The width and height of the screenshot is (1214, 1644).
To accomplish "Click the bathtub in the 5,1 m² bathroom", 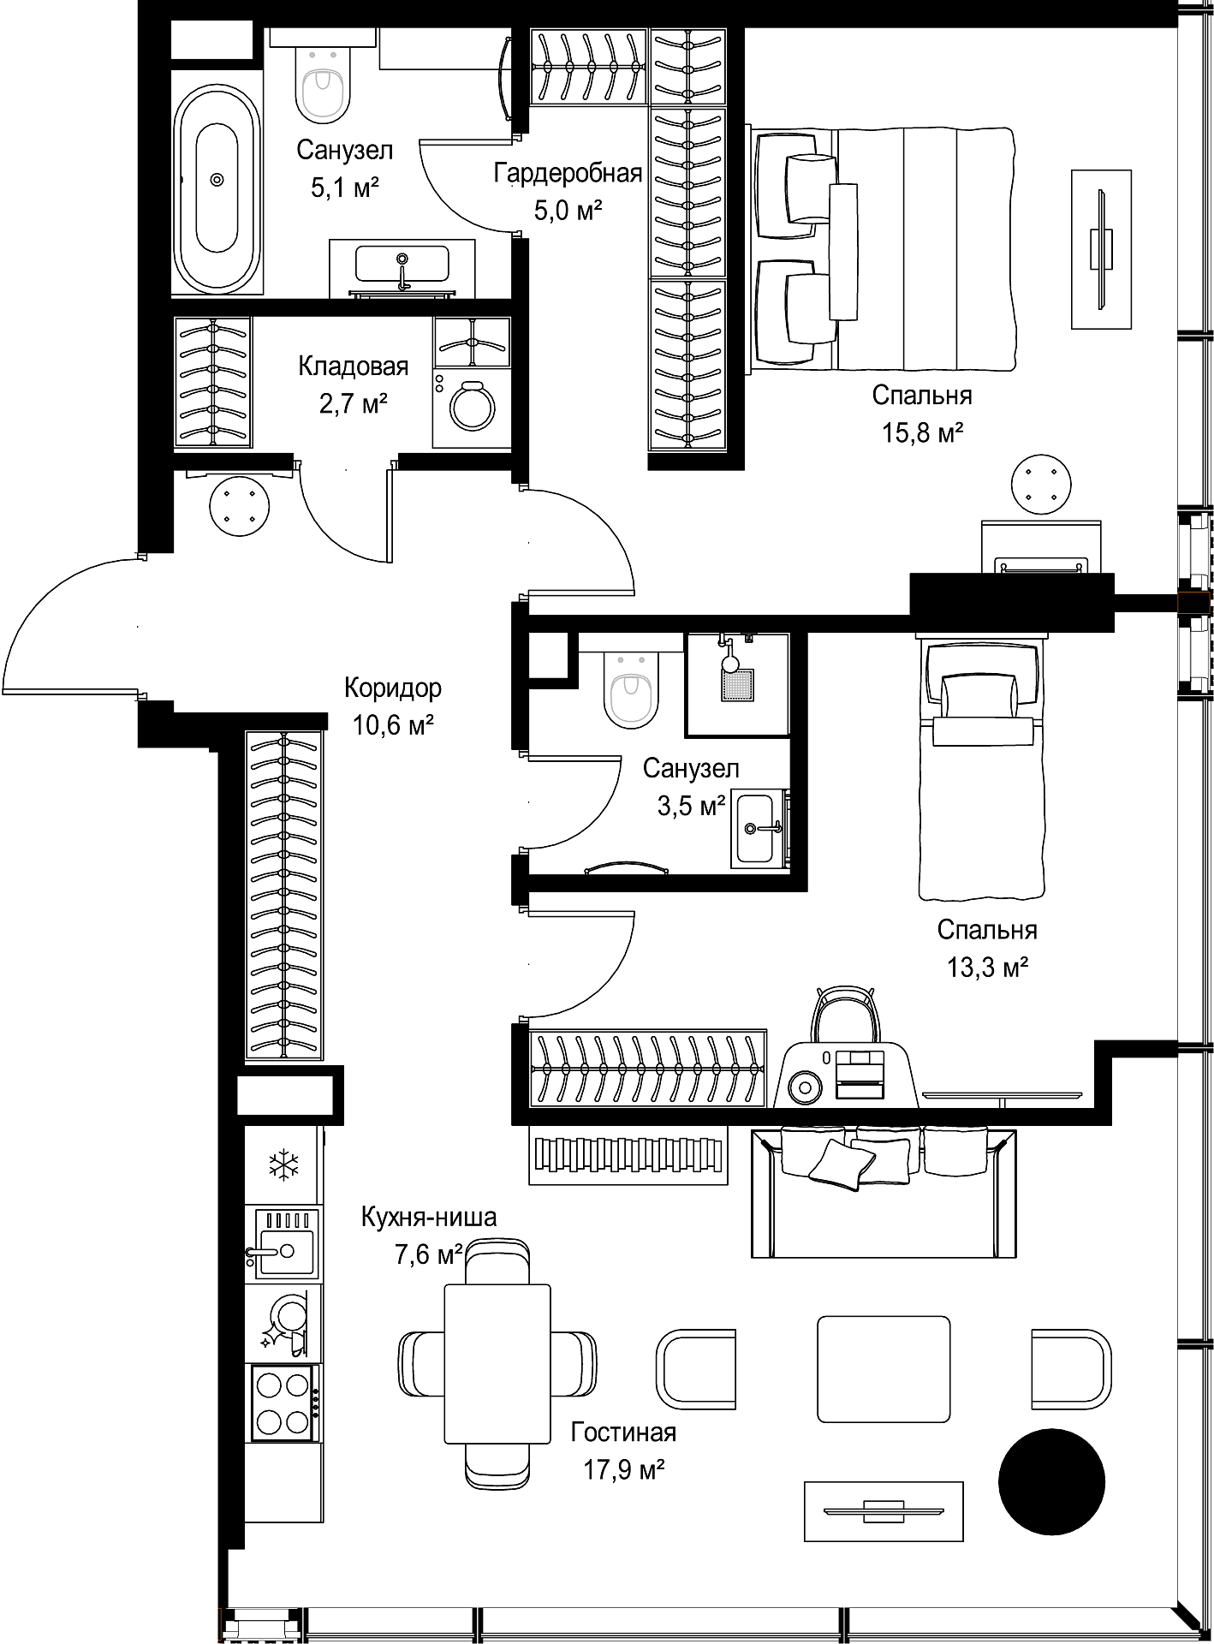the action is (217, 179).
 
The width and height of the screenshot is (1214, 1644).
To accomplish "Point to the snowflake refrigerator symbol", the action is (283, 1164).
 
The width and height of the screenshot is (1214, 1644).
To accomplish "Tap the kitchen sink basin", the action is (283, 1243).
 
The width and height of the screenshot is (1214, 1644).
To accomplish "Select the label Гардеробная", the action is (568, 174).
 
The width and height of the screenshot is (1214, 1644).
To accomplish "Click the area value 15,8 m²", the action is (923, 433).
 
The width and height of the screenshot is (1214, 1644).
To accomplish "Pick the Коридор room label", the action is (393, 688).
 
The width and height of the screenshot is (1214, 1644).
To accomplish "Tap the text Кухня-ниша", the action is (429, 1217).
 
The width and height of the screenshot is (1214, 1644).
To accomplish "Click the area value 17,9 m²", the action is (624, 1470).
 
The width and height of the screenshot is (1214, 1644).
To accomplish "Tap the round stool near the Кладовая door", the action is (240, 504).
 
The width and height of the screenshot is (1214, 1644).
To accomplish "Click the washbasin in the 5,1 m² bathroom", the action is (402, 265).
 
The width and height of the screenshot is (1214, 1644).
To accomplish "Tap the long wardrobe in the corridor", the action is (284, 895).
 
